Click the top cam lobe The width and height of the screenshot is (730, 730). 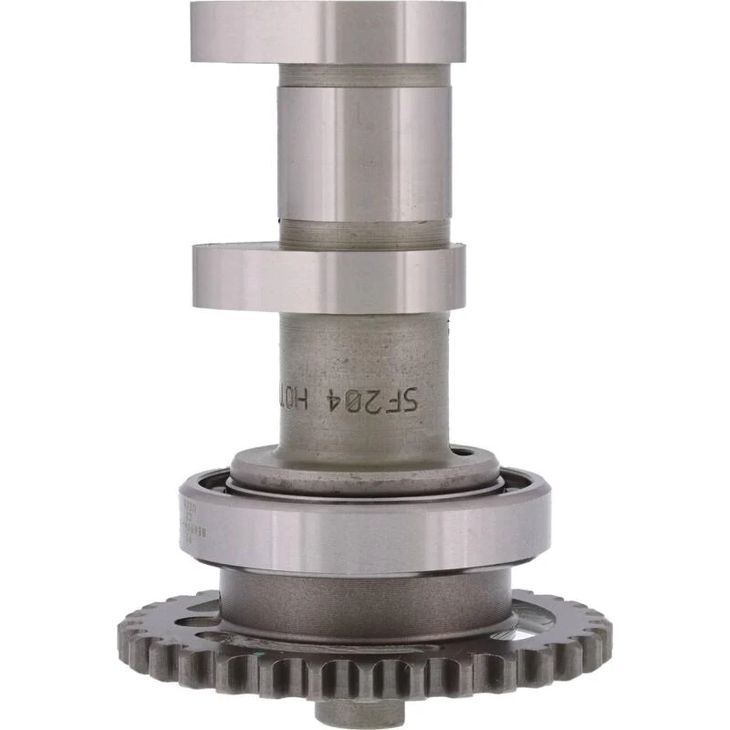point(328,32)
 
